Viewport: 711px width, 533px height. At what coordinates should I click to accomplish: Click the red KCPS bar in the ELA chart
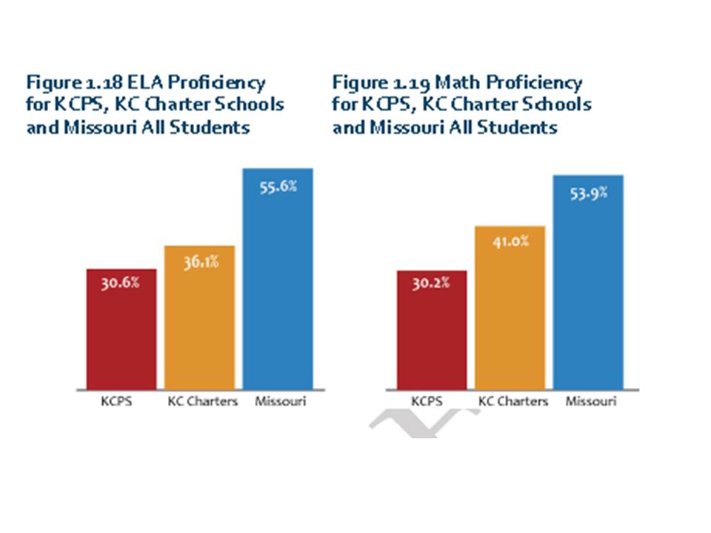121,329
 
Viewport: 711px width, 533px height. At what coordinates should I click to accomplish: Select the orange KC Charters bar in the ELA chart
199,318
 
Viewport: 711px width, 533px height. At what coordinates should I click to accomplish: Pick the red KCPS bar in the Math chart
432,330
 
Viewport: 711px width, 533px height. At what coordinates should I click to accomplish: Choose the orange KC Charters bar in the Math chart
510,308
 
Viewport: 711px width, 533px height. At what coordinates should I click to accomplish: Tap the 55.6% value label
278,187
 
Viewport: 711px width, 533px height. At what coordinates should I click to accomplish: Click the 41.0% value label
510,241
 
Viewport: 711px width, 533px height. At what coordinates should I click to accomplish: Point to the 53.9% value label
589,193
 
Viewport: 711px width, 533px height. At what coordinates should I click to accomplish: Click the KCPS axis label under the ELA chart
116,402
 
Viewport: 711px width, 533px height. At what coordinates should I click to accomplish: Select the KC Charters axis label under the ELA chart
203,402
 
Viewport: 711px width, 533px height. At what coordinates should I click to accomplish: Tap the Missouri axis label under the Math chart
591,402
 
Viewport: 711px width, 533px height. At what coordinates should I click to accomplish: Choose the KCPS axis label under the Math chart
427,402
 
